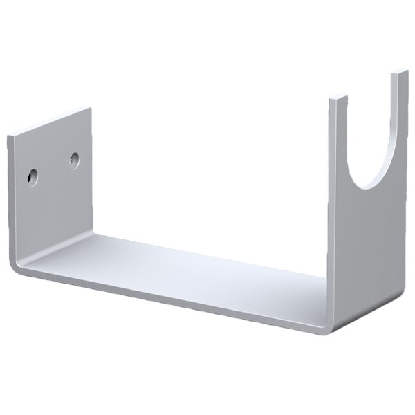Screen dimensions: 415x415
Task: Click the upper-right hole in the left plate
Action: point(74,160)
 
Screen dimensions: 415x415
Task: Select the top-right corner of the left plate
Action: point(91,108)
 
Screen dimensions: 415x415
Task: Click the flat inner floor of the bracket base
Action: point(173,266)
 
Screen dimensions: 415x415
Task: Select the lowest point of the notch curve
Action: point(363,189)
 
